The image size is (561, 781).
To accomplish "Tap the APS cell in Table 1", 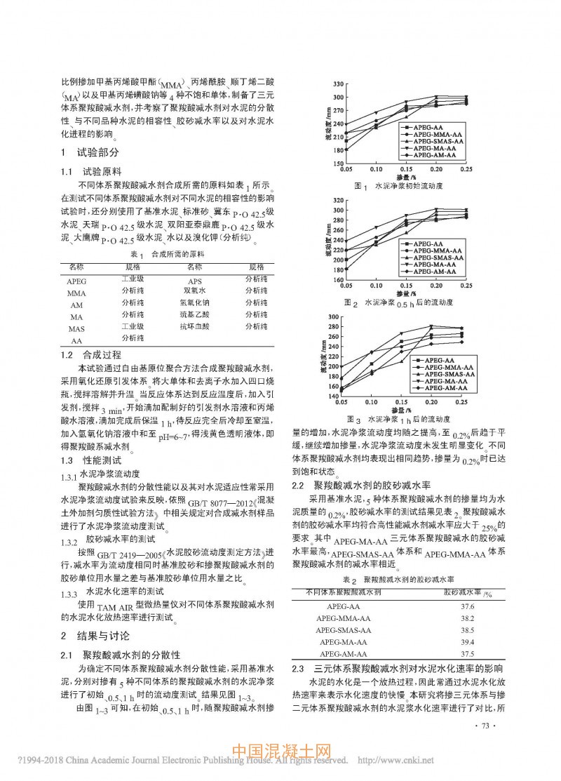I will click(x=176, y=281).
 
